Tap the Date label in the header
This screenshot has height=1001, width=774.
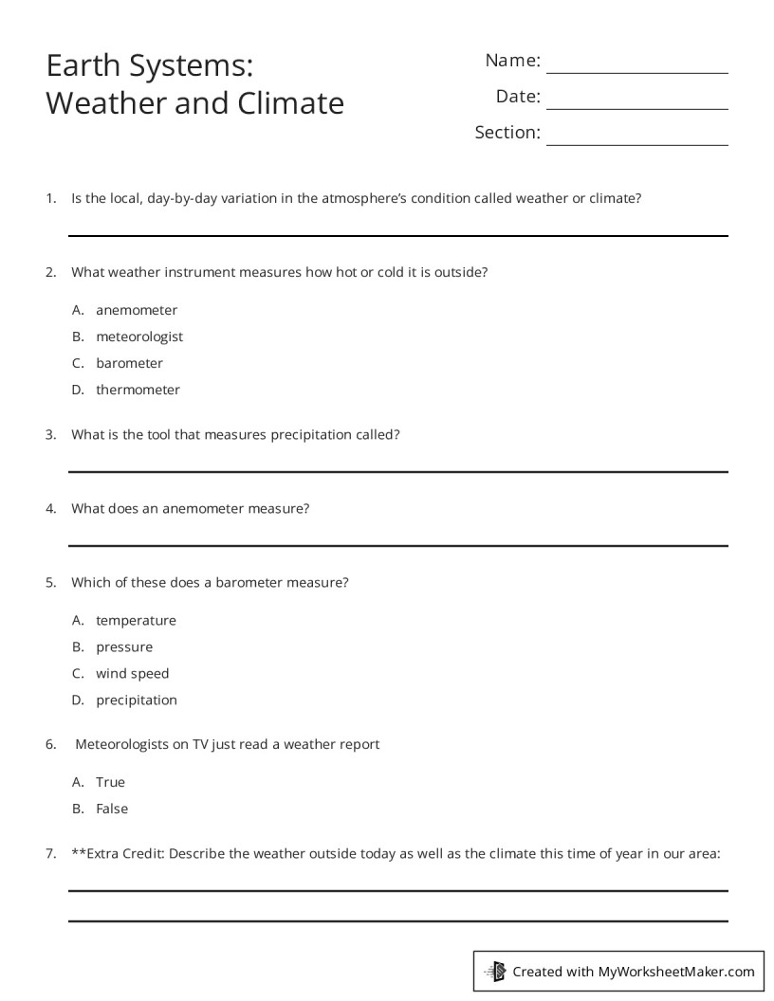[x=518, y=97]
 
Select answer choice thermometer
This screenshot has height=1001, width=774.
[x=138, y=390]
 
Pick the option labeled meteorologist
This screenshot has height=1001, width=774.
[x=139, y=337]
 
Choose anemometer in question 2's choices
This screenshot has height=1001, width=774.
[x=137, y=310]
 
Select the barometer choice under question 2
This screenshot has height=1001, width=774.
[x=129, y=363]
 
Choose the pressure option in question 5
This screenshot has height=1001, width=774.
[x=124, y=647]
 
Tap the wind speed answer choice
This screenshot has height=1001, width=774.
[x=132, y=674]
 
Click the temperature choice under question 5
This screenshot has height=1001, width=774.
[x=136, y=621]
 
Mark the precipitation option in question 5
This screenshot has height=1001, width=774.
[x=137, y=701]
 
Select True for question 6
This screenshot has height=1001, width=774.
[x=110, y=782]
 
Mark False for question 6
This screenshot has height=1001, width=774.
[x=112, y=809]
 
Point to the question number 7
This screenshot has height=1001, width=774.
[x=51, y=853]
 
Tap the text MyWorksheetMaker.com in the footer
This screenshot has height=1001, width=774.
[x=676, y=971]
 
